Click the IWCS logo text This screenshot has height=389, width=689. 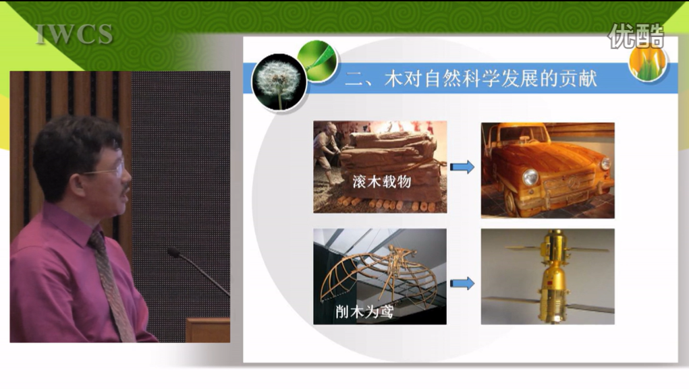pyautogui.click(x=74, y=34)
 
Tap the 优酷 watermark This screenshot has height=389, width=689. pyautogui.click(x=636, y=36)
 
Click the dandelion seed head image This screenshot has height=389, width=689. pyautogui.click(x=279, y=82)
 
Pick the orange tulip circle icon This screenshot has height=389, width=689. pyautogui.click(x=648, y=62)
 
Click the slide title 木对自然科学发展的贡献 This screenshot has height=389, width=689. pyautogui.click(x=490, y=78)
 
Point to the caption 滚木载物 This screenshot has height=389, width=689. pyautogui.click(x=381, y=181)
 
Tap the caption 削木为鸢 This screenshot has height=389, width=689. pyautogui.click(x=364, y=311)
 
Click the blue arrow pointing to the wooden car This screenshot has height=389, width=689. pyautogui.click(x=462, y=167)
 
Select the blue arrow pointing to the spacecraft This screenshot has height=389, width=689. pyautogui.click(x=462, y=283)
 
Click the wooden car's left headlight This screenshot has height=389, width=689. pyautogui.click(x=530, y=177)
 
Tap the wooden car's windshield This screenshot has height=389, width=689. pyautogui.click(x=517, y=134)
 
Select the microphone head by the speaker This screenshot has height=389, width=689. pyautogui.click(x=173, y=252)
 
